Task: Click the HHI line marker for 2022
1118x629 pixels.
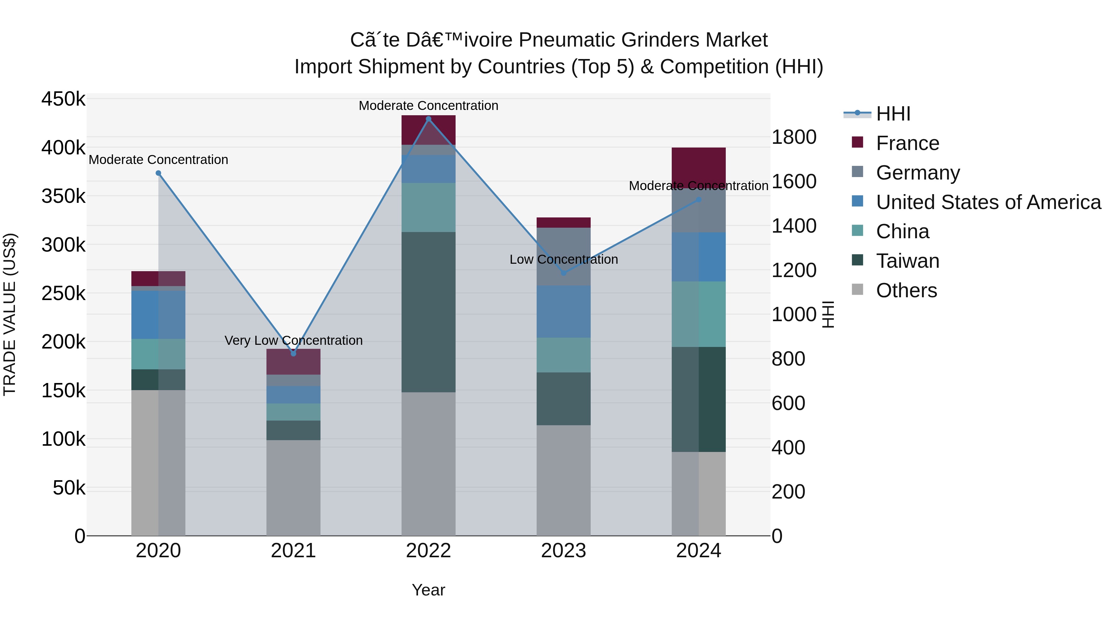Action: tap(428, 119)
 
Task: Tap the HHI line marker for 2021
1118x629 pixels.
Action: tap(293, 354)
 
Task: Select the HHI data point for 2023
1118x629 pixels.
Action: tap(563, 273)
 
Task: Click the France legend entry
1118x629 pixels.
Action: tap(907, 143)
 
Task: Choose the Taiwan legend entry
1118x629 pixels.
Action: tap(907, 261)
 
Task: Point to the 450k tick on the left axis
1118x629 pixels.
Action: tap(63, 99)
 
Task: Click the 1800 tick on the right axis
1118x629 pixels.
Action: tap(794, 137)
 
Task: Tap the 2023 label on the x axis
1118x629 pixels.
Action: tap(563, 551)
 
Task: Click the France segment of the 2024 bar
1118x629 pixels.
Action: tap(698, 165)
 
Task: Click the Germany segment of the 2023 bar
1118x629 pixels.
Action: tap(563, 256)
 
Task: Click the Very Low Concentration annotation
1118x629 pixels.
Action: tap(293, 341)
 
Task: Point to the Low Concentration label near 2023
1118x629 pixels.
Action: tap(563, 260)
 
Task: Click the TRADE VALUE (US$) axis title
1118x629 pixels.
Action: tap(10, 314)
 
